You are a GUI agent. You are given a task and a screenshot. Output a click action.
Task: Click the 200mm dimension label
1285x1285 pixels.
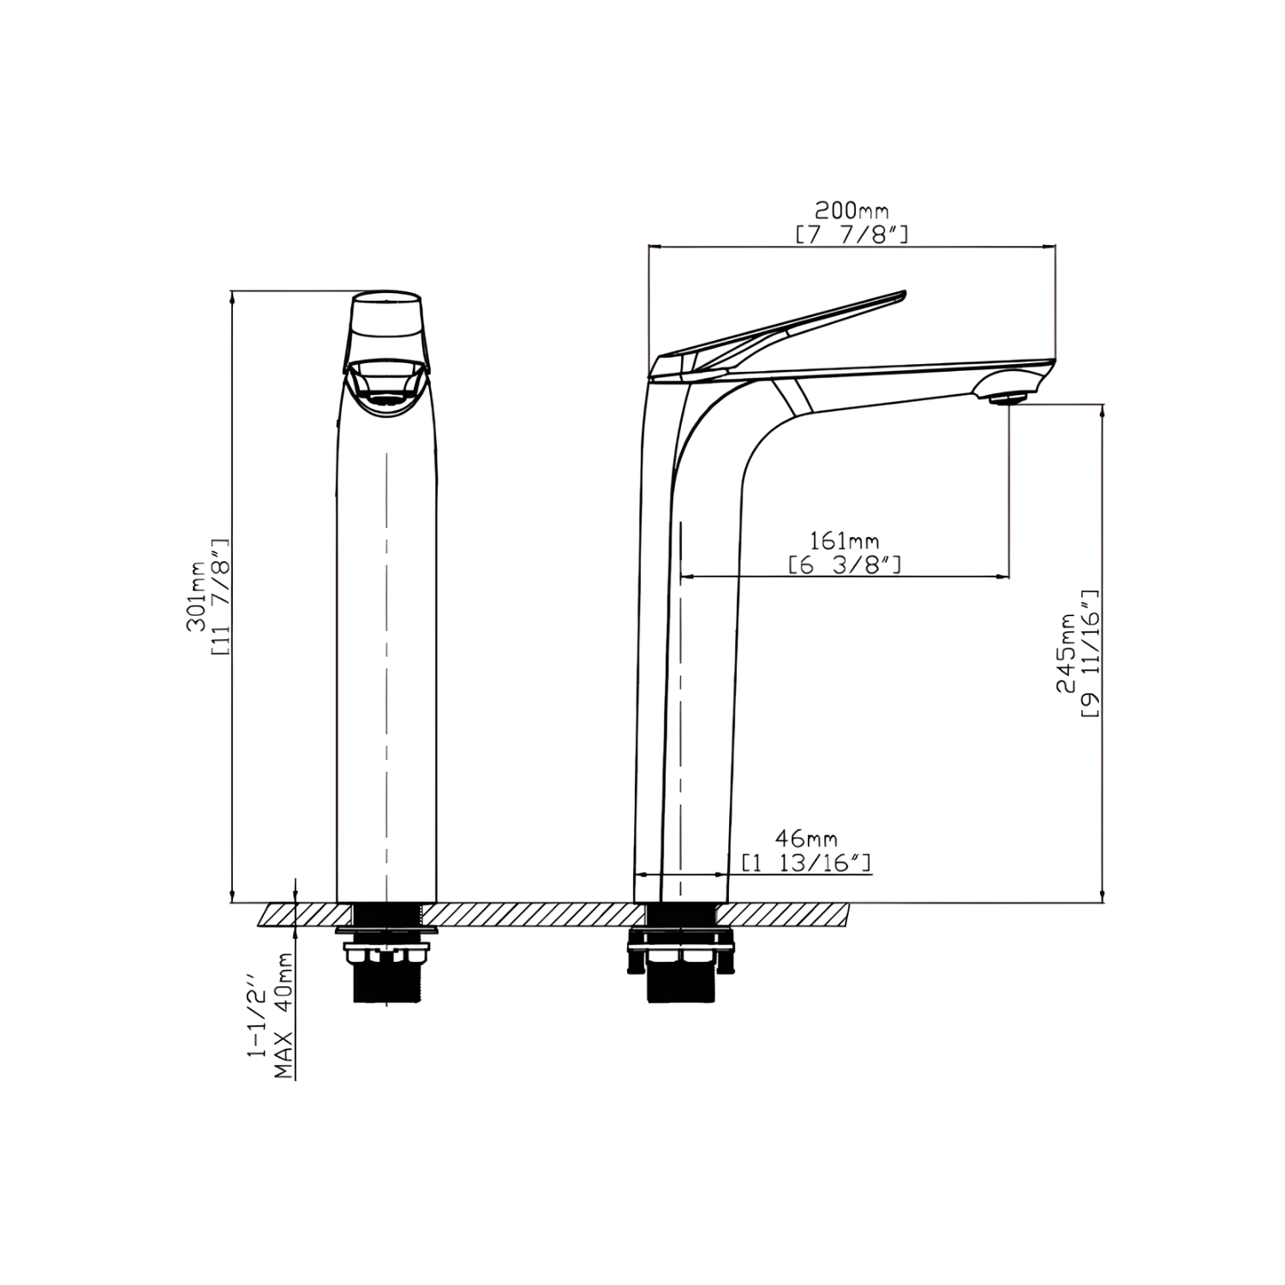pos(852,211)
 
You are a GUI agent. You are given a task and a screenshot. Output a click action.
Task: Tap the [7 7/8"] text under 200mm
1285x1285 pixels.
pos(852,234)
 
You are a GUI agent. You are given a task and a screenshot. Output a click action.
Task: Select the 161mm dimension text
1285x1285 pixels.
pos(845,541)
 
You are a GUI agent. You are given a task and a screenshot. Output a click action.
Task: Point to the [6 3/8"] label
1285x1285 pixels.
pos(845,565)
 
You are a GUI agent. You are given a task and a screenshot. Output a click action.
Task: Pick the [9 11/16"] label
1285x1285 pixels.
pos(1090,653)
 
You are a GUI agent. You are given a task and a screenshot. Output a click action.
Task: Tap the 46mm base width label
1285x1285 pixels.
pos(806,838)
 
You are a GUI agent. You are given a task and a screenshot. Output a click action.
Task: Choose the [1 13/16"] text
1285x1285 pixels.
pos(806,862)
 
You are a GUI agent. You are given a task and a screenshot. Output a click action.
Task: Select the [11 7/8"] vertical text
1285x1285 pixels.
pos(219,597)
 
